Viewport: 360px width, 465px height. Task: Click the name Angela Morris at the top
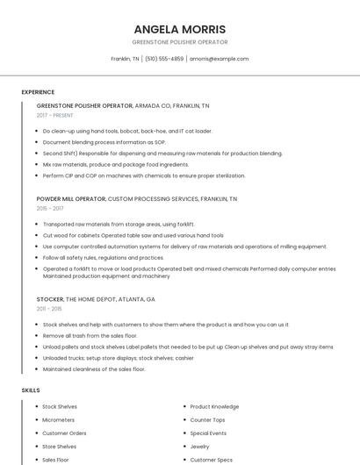click(x=179, y=29)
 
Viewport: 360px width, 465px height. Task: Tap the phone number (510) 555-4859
click(x=164, y=59)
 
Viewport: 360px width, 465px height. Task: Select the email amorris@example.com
click(x=220, y=59)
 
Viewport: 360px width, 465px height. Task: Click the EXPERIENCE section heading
click(x=38, y=92)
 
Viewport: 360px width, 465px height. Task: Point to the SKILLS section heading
click(x=30, y=390)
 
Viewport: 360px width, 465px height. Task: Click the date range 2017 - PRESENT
click(x=56, y=115)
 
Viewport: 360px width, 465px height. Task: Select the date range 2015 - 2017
click(x=50, y=209)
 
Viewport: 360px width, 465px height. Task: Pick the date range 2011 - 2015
click(x=49, y=309)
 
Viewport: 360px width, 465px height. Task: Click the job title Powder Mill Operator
click(x=70, y=199)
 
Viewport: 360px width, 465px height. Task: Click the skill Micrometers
click(x=59, y=420)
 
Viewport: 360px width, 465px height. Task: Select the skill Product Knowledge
click(x=214, y=407)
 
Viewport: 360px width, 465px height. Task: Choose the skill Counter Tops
click(x=207, y=420)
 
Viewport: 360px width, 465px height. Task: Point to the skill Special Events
click(x=208, y=433)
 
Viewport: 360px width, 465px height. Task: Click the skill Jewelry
click(x=200, y=447)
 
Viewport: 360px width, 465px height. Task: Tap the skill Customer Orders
click(x=64, y=433)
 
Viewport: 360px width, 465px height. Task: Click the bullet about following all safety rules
click(x=103, y=258)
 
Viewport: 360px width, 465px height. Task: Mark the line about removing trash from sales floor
click(x=90, y=335)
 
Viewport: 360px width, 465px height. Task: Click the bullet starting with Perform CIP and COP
click(x=132, y=175)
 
